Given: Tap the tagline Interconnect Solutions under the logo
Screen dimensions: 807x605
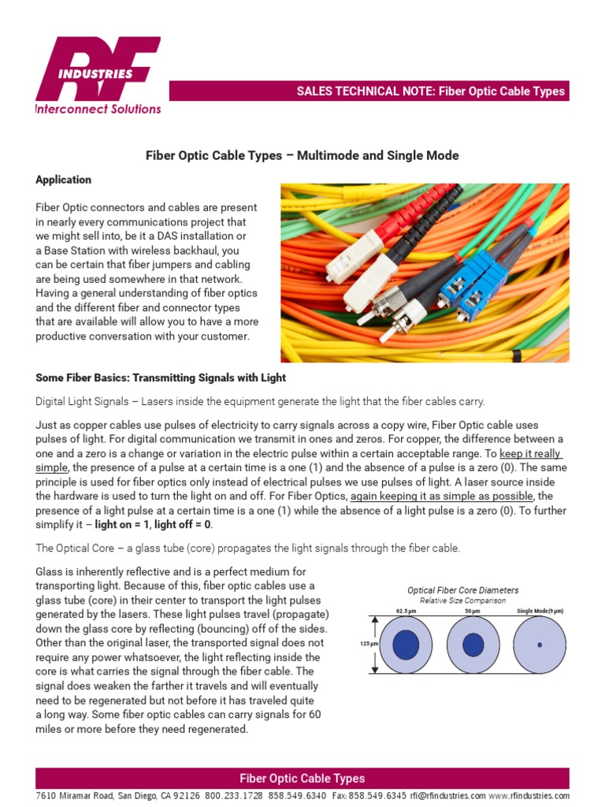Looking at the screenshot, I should (x=98, y=110).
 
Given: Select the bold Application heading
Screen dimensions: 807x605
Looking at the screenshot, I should (x=63, y=180).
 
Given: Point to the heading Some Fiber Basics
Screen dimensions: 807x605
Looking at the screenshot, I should (x=161, y=378).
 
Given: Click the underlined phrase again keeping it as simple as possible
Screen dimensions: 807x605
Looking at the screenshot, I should (x=441, y=496).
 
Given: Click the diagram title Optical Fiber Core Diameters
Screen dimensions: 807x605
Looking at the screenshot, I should (x=462, y=590).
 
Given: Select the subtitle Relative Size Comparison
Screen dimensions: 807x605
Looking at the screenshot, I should (x=462, y=601).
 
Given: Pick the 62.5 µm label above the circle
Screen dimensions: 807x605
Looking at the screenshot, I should (x=406, y=612).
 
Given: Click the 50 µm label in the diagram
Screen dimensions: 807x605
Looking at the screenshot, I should (x=473, y=612).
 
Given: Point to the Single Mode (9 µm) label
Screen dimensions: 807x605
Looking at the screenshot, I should (x=540, y=612).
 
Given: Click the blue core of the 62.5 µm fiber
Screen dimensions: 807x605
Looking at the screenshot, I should (x=406, y=645).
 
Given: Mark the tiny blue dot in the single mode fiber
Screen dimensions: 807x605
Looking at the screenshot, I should (x=540, y=645).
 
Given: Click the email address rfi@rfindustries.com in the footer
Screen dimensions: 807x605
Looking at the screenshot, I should (x=447, y=796).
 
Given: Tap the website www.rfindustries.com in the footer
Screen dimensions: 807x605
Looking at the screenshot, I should (x=529, y=796).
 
